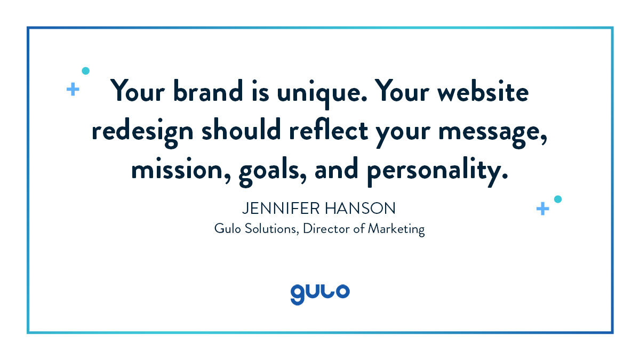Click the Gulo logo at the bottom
point(320,293)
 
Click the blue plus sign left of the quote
point(73,89)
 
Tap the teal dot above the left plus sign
point(85,70)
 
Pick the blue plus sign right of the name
point(542,209)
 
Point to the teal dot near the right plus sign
point(558,199)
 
